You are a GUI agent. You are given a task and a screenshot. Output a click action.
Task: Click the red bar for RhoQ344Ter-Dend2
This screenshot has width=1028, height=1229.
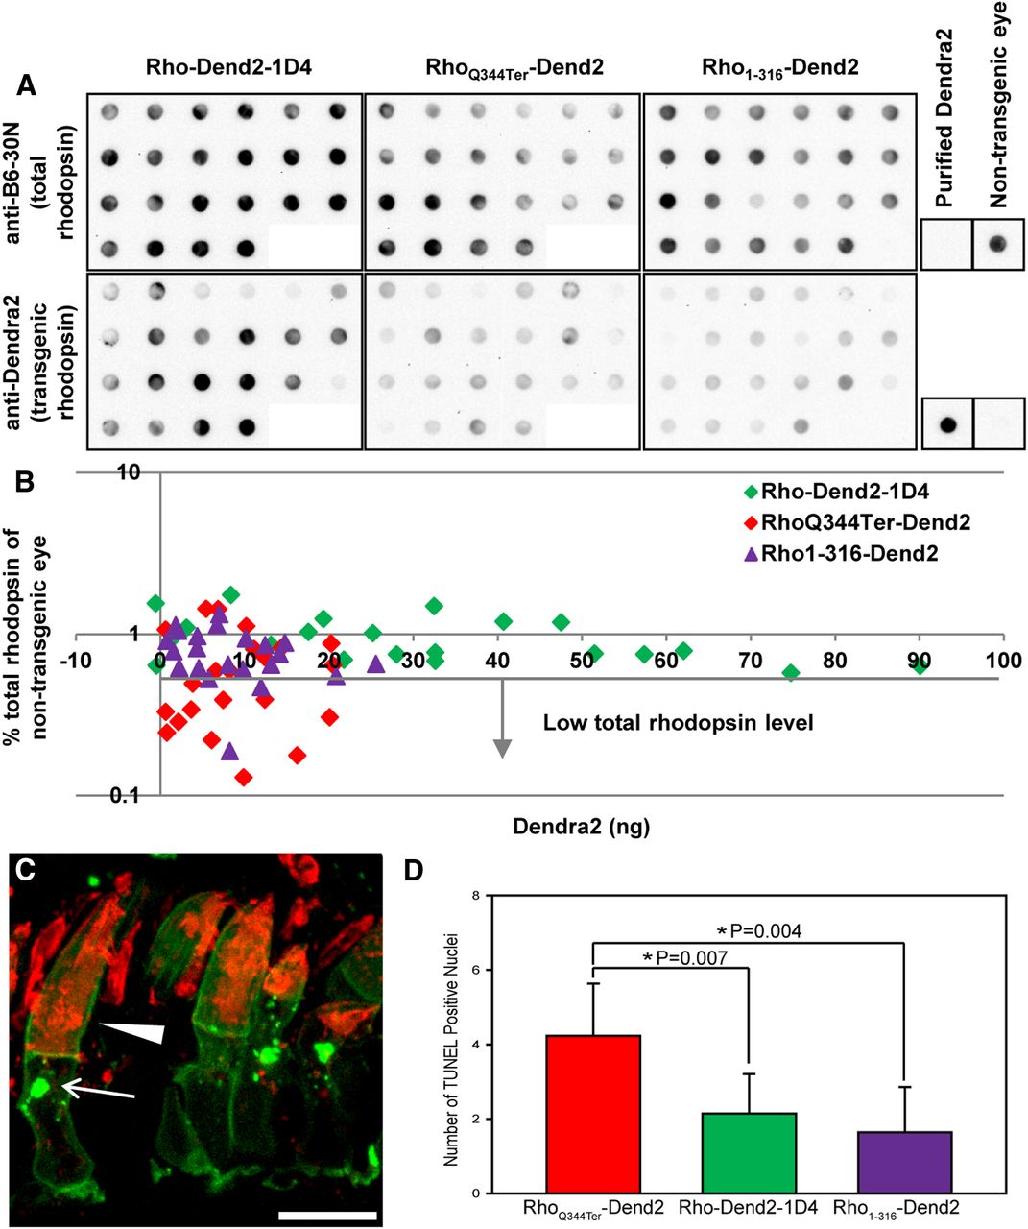point(593,1114)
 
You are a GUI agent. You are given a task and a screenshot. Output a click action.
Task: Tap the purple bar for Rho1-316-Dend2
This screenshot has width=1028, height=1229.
point(904,1162)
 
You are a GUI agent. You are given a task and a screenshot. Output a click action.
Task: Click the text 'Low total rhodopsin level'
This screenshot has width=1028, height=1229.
point(678,723)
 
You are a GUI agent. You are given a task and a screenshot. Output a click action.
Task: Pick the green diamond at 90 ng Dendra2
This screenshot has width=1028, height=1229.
point(920,665)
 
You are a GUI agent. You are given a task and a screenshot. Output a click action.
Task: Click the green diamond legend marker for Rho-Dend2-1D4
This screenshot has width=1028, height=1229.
point(751,494)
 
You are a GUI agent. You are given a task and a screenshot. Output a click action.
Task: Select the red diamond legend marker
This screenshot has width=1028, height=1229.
point(751,523)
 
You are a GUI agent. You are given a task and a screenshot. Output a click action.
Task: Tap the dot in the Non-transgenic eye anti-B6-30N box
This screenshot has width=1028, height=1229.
point(998,244)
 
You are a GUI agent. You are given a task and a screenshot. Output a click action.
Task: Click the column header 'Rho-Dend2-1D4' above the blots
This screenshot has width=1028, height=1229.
point(223,67)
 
